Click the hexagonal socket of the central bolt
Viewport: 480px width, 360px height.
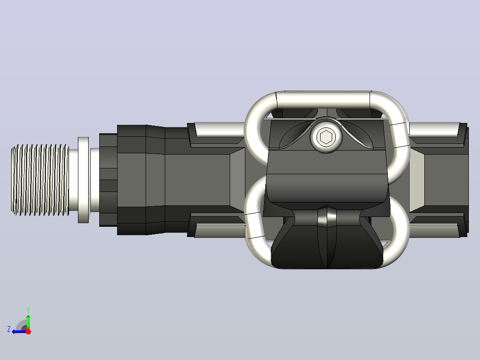(x=325, y=137)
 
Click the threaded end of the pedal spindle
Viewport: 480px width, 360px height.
(x=40, y=180)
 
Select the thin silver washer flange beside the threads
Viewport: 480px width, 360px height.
(x=83, y=180)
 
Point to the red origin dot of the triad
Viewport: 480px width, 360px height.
(x=28, y=331)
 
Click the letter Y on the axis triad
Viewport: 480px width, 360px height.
(x=28, y=310)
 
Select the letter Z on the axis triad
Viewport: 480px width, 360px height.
(x=9, y=329)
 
